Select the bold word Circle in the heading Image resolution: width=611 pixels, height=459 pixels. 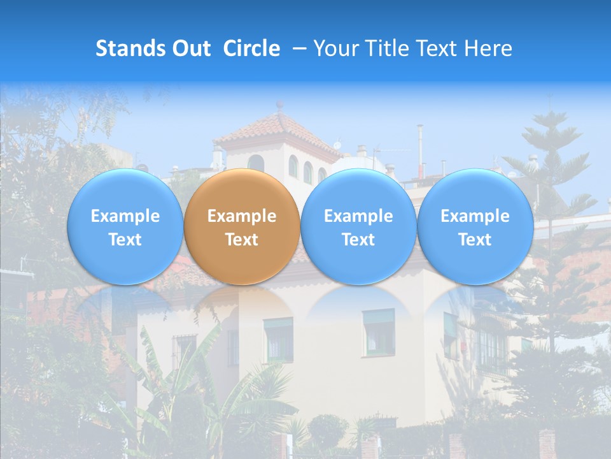(x=251, y=48)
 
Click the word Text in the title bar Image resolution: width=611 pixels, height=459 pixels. (x=440, y=48)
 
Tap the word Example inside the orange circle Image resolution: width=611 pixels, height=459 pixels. (x=242, y=216)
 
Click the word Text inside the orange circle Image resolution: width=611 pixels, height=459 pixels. (x=242, y=240)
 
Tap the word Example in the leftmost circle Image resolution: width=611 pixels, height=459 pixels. (x=125, y=216)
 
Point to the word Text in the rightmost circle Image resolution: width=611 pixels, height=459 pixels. (x=475, y=240)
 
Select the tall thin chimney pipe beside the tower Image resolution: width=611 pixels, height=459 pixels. (x=420, y=150)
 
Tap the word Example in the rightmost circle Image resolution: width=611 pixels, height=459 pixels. (x=475, y=216)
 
